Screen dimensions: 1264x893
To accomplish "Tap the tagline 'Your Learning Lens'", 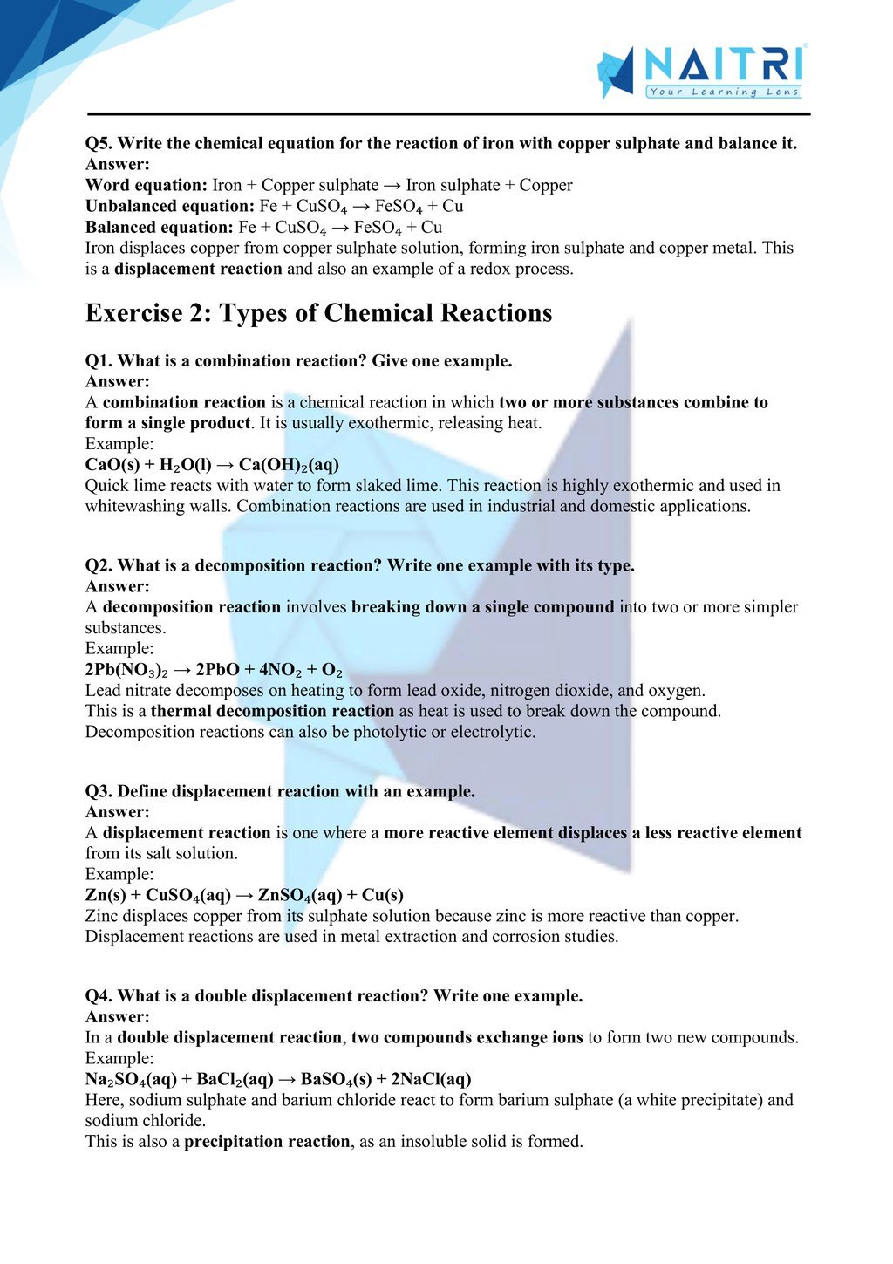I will (x=723, y=92).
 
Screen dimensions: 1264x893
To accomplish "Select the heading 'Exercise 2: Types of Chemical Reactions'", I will (x=318, y=313).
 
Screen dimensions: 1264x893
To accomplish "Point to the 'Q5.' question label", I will (x=99, y=143).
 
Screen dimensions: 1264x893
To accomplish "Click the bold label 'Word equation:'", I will (x=146, y=185).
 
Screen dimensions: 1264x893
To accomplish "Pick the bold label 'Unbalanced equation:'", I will (x=169, y=206).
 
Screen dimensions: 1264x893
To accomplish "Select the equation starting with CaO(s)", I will (x=212, y=465).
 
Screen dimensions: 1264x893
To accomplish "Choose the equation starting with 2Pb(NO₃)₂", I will (x=214, y=670).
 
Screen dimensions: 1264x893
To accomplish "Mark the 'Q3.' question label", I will (x=99, y=791).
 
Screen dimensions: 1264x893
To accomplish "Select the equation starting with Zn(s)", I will (x=244, y=895).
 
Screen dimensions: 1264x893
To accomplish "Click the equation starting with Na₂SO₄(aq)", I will (x=278, y=1079).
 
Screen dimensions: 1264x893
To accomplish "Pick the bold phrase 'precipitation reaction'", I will (x=267, y=1141).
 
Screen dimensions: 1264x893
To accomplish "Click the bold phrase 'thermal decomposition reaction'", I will (x=272, y=711).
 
